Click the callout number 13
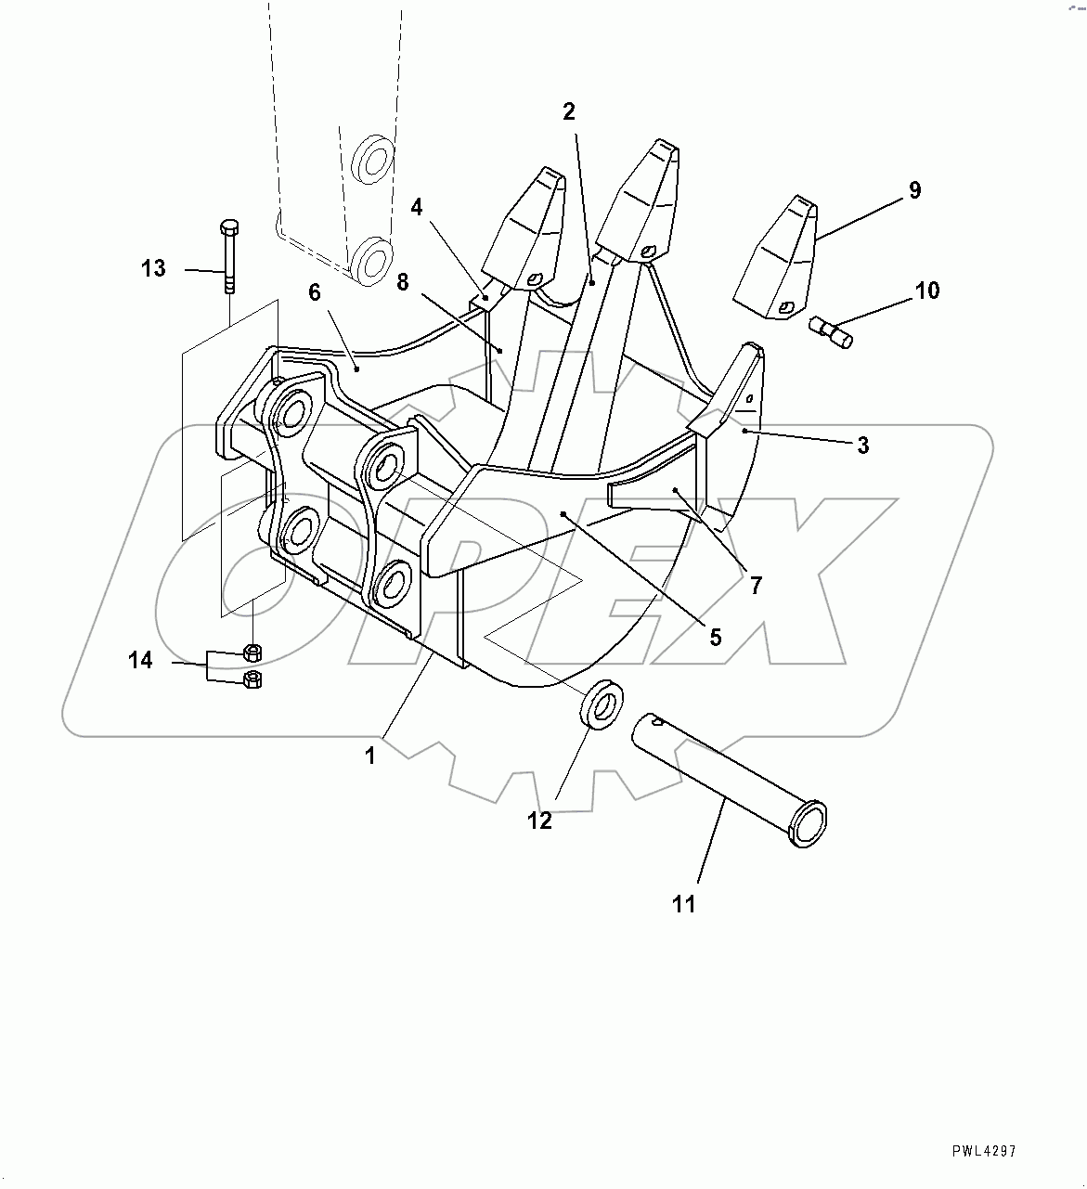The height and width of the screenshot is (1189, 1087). pos(153,269)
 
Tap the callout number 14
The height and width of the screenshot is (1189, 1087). pos(140,661)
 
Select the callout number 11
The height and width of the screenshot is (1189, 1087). pos(684,904)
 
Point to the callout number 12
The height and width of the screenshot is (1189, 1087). pos(539,821)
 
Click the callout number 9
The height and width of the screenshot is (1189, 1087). pos(914,190)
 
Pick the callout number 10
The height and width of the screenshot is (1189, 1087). pos(926,291)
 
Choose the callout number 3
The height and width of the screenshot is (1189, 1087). pos(862,446)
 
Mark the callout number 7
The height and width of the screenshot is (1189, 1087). pos(756,586)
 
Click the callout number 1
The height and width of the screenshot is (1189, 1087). pos(370,756)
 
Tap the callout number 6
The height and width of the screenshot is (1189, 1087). pos(315,292)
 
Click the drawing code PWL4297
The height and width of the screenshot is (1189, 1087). pos(984,1152)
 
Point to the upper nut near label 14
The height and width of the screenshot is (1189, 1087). pos(250,650)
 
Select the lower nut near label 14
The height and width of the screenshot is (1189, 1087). pos(250,679)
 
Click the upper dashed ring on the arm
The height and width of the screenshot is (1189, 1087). pos(375,160)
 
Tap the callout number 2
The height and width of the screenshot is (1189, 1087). pos(569,112)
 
